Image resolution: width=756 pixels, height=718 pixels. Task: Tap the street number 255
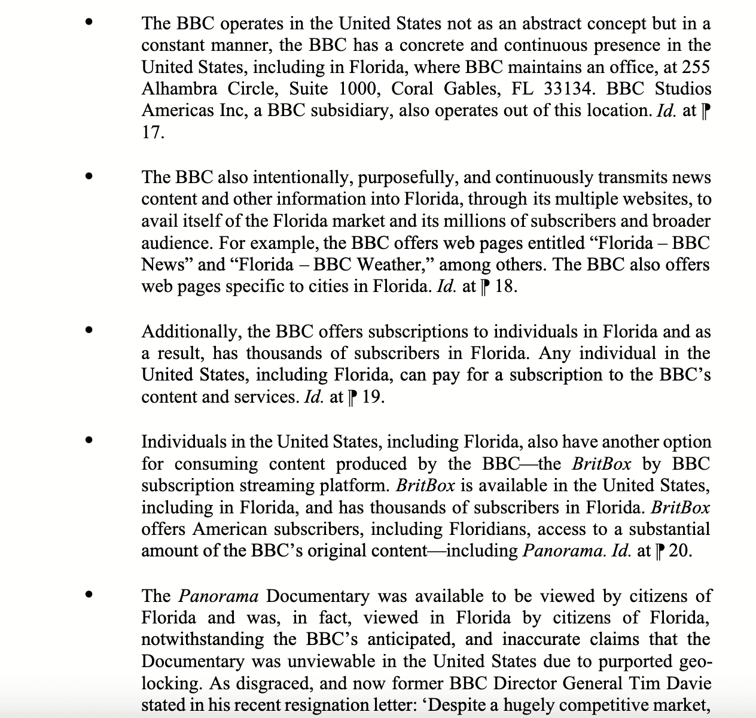(696, 67)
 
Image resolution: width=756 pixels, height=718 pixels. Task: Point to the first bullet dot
(89, 23)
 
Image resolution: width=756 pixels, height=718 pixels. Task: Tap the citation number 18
(505, 287)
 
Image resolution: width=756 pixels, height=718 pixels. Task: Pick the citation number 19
(371, 397)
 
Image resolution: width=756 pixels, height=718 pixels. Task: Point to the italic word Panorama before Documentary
(218, 596)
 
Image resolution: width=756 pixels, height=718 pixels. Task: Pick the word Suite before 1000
(308, 89)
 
